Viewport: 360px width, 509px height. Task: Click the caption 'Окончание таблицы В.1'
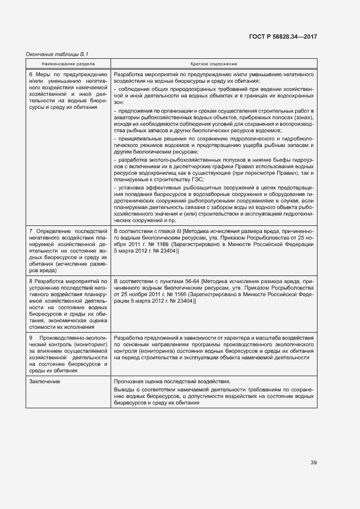(57, 54)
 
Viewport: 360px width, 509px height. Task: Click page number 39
(314, 463)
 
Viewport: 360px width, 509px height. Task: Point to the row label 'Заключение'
(44, 382)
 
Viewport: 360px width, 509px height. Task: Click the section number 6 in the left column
(30, 74)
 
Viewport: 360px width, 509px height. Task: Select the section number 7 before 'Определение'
(30, 231)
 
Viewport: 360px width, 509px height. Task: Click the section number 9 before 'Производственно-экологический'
(30, 338)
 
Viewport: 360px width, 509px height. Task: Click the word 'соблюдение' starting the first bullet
(132, 89)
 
